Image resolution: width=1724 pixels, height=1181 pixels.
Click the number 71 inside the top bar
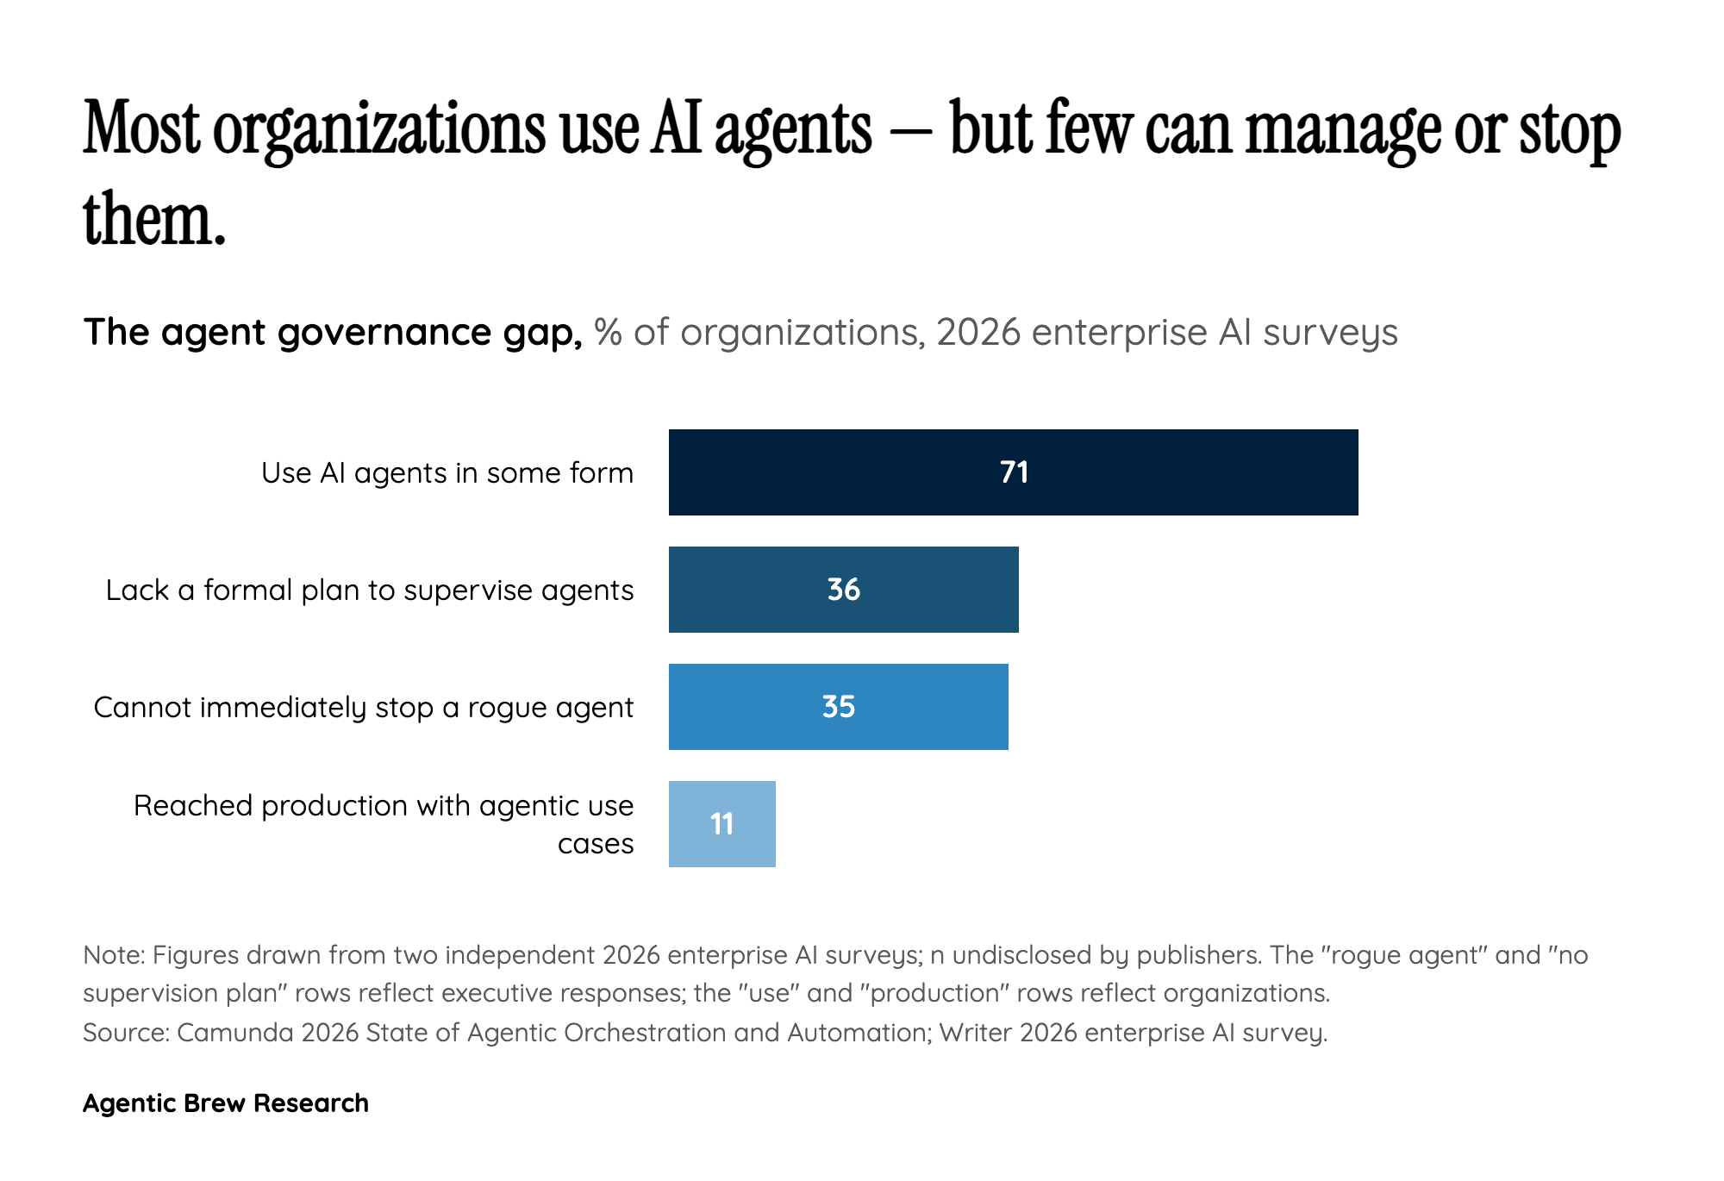click(1014, 472)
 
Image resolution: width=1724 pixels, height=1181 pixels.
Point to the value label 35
click(838, 707)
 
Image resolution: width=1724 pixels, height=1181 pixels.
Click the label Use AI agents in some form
click(447, 473)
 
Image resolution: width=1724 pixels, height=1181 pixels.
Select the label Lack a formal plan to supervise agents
click(369, 590)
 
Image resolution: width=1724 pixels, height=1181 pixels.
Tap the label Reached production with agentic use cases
click(383, 824)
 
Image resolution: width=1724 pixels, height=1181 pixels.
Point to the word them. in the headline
click(153, 220)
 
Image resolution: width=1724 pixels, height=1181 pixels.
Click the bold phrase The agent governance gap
click(333, 333)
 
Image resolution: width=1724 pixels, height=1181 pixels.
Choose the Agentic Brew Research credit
click(226, 1103)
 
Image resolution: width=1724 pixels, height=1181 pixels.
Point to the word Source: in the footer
click(126, 1033)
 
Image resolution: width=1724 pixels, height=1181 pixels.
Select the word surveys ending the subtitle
click(1330, 333)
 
